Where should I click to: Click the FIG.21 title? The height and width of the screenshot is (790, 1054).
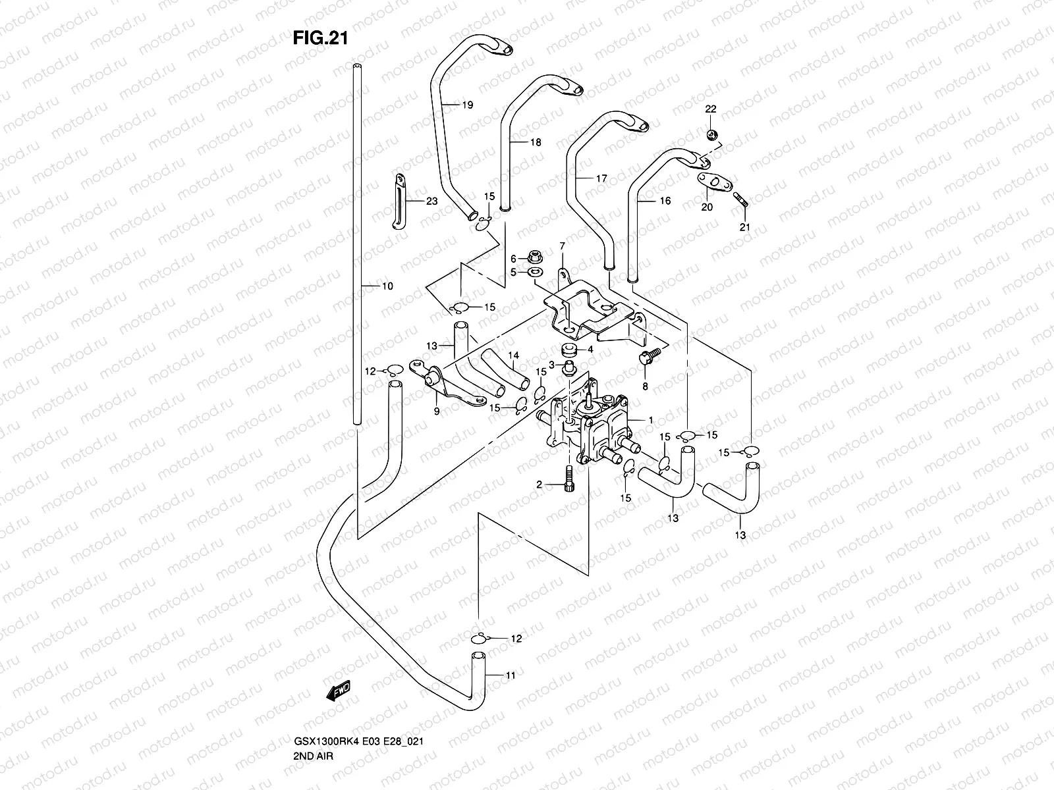[x=320, y=38]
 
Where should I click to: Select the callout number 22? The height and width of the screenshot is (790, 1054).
[x=711, y=109]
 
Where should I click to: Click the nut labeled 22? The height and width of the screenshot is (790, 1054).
[x=711, y=135]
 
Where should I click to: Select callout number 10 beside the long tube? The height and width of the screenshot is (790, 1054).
[x=387, y=286]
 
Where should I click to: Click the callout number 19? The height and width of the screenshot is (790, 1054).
[x=468, y=105]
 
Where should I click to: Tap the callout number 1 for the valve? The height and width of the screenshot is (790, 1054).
[x=650, y=419]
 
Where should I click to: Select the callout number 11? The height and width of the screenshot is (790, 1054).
[x=511, y=675]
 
